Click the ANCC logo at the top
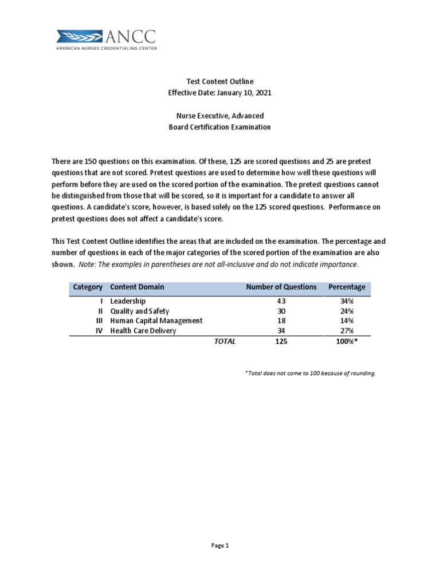[107, 39]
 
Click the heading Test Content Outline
[219, 82]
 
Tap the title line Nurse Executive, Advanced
[219, 116]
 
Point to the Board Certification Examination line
[219, 127]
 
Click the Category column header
[88, 287]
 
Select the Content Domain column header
[137, 287]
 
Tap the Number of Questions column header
[281, 287]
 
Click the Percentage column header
[347, 287]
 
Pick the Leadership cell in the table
[128, 301]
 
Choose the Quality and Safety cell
[139, 311]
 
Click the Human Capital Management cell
[156, 321]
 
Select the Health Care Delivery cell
[143, 331]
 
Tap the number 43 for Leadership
[281, 301]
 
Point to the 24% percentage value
[347, 311]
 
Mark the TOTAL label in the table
[225, 342]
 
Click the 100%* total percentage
[347, 342]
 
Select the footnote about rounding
[310, 373]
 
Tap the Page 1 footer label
[219, 546]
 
